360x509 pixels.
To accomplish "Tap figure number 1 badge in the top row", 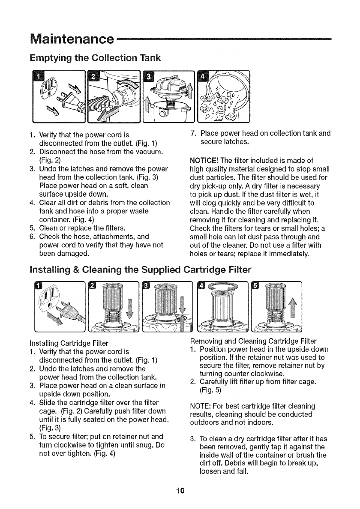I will pyautogui.click(x=38, y=78).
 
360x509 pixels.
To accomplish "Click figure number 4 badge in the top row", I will pyautogui.click(x=203, y=78).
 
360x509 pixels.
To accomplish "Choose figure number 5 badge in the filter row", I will pyautogui.click(x=257, y=286).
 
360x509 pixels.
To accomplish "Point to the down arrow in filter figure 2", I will pyautogui.click(x=130, y=306).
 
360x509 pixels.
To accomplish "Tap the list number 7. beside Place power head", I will pyautogui.click(x=192, y=133).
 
